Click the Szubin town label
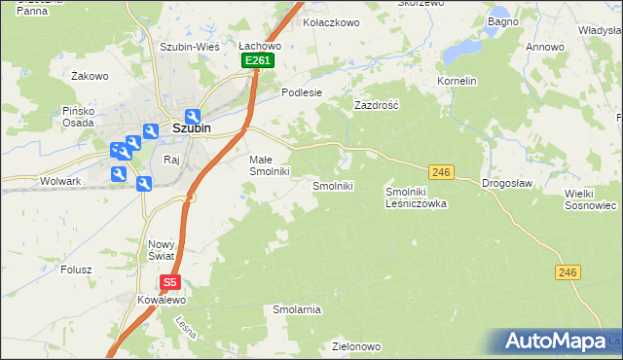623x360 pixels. click(x=193, y=127)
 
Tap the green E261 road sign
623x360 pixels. click(x=258, y=60)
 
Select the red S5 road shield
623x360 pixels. click(x=170, y=283)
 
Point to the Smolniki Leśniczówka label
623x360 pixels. click(x=416, y=198)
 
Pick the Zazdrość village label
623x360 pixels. click(x=378, y=103)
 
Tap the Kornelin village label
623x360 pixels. click(x=457, y=81)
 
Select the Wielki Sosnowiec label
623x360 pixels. click(x=591, y=199)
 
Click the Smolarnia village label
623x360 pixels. click(x=297, y=309)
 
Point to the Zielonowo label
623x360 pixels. click(x=355, y=345)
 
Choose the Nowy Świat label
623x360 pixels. click(x=160, y=250)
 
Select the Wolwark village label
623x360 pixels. click(x=59, y=181)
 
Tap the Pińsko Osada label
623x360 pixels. click(x=74, y=117)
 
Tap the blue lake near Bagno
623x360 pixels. click(x=462, y=48)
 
